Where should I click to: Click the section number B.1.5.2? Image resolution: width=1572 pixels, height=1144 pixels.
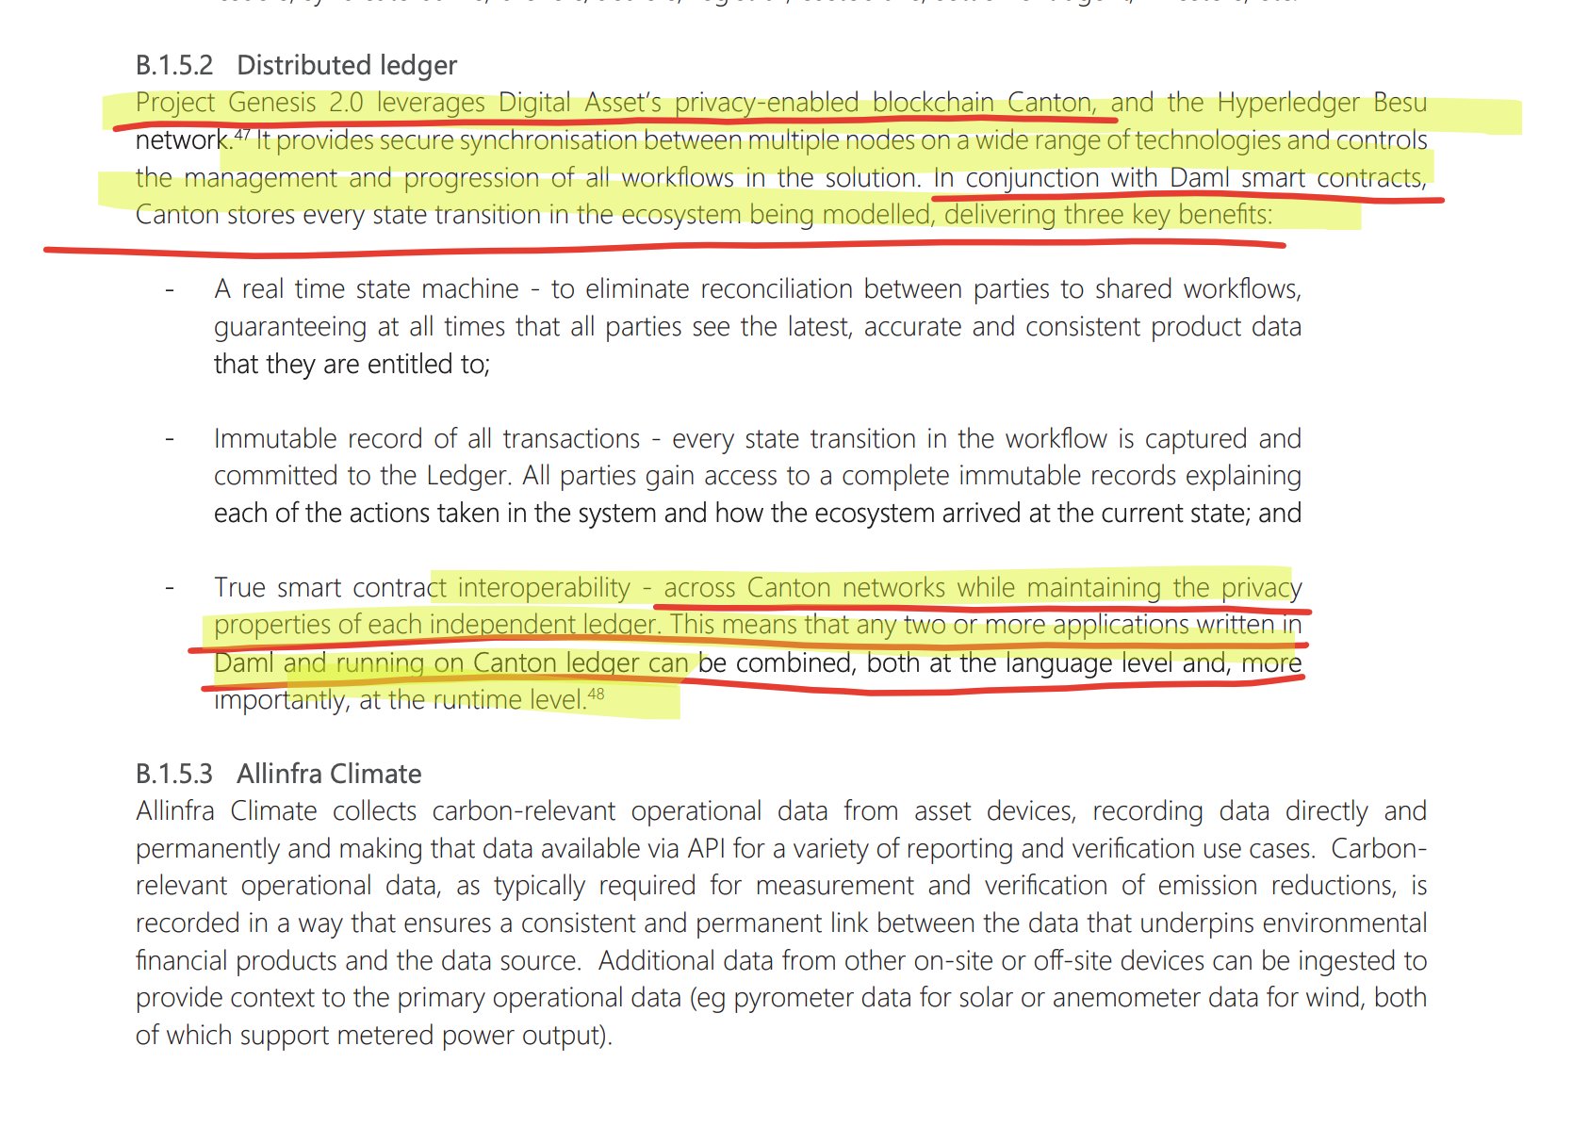[174, 65]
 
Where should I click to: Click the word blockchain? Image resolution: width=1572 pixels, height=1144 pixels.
[933, 103]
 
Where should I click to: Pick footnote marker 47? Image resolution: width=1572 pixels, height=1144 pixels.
[241, 134]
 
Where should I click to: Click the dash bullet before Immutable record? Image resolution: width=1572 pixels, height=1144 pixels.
[170, 439]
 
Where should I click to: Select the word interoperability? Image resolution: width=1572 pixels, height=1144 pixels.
[544, 588]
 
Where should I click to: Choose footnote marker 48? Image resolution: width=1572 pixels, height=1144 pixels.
[596, 695]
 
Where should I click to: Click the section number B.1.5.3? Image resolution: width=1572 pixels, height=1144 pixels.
[174, 774]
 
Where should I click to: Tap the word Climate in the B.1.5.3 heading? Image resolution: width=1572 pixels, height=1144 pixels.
[377, 774]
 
